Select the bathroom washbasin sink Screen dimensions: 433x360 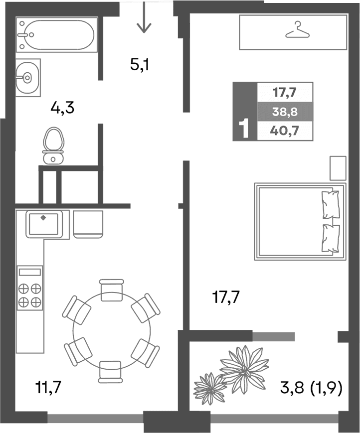pos(27,77)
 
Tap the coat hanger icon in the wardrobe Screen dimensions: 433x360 pos(298,31)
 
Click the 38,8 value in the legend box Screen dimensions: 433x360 pos(285,112)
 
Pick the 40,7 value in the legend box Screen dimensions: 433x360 pos(285,131)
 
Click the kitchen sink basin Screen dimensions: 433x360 pos(45,224)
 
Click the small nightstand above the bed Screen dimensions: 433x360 pos(338,168)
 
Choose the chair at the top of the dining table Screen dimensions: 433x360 pos(111,290)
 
